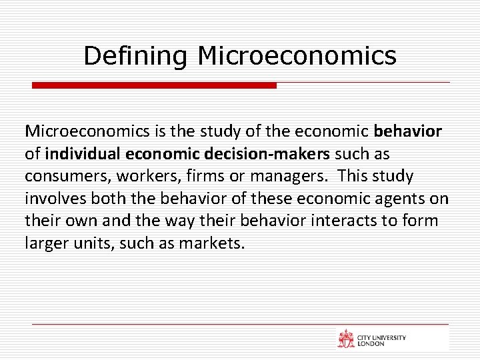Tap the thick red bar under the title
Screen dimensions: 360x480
click(154, 85)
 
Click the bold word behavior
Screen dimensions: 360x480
click(408, 131)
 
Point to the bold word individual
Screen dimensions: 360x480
click(83, 154)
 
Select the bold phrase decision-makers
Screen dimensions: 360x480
click(278, 154)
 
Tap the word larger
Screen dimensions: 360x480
click(45, 243)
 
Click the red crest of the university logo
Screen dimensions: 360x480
click(346, 339)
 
